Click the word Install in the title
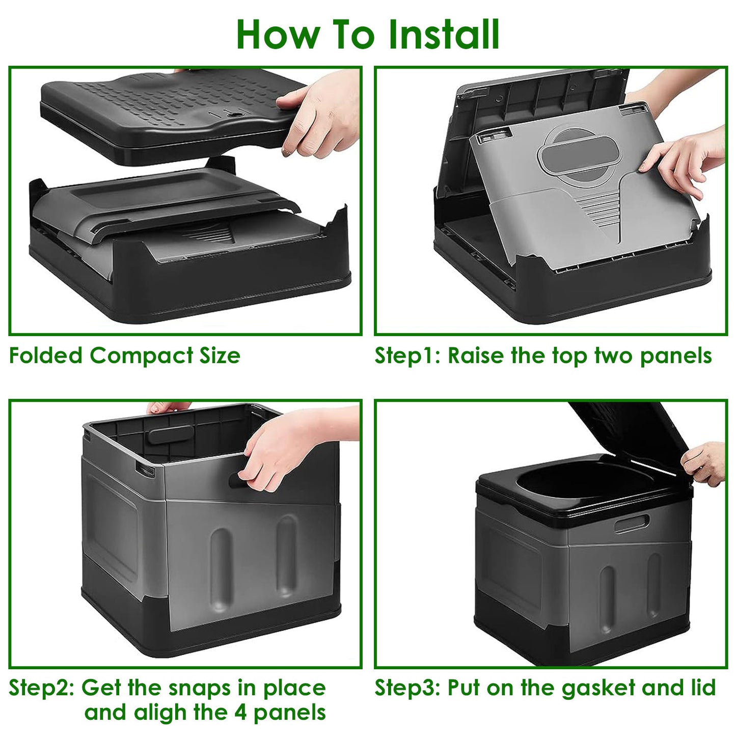443,35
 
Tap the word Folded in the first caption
46,356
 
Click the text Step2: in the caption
42,688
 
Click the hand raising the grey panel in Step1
683,158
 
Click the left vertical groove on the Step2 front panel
221,560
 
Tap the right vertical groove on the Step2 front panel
286,555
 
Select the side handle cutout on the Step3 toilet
632,524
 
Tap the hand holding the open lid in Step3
705,461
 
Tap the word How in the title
278,35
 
